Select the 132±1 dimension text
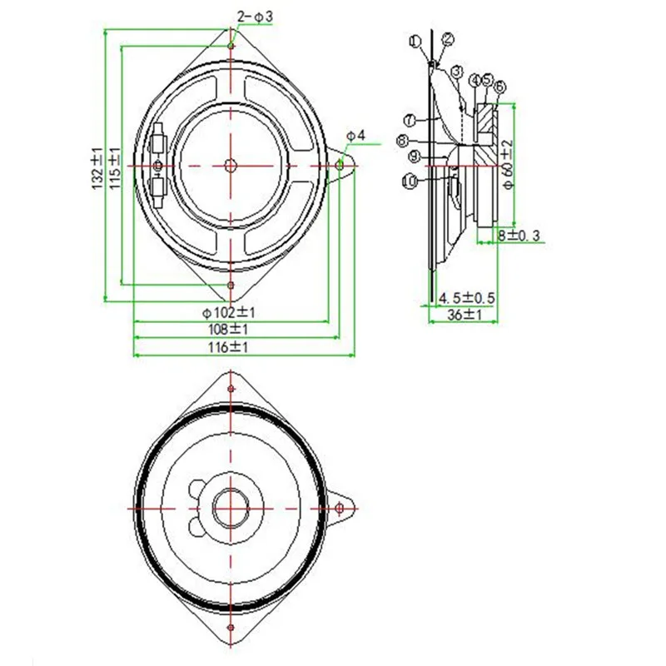click(x=97, y=166)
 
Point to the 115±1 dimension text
click(x=116, y=166)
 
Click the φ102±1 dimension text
click(x=229, y=313)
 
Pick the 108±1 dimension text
click(x=231, y=329)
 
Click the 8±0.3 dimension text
click(x=519, y=236)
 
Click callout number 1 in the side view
click(x=415, y=40)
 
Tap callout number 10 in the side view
click(x=409, y=180)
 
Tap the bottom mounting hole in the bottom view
click(x=231, y=625)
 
